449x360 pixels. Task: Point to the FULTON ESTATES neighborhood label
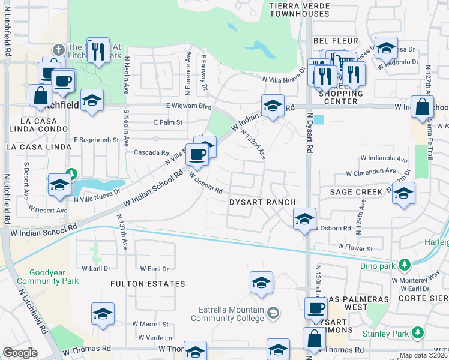click(x=147, y=283)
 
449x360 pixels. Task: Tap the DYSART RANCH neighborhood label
click(x=262, y=202)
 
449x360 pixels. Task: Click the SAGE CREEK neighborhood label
click(x=356, y=192)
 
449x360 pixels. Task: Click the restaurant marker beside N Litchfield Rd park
click(x=98, y=50)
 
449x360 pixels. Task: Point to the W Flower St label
click(x=355, y=247)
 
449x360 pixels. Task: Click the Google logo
click(x=20, y=353)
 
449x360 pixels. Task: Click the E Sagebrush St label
click(x=96, y=140)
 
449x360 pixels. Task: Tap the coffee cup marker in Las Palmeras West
click(x=316, y=310)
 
